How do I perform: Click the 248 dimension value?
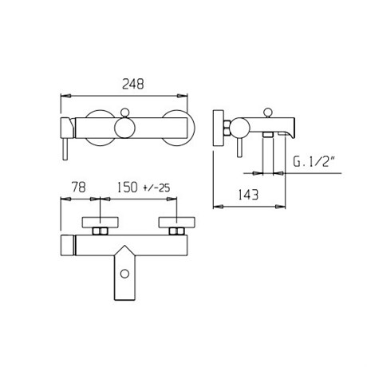point(133,84)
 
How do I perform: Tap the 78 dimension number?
point(79,187)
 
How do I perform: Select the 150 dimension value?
point(128,187)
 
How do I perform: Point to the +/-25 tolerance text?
point(156,188)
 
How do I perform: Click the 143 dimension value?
point(248,195)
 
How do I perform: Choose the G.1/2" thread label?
point(314,161)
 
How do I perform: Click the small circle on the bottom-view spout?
point(124,274)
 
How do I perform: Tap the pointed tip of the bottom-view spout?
point(124,246)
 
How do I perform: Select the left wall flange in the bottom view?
point(100,223)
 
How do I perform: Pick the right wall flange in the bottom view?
point(176,223)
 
